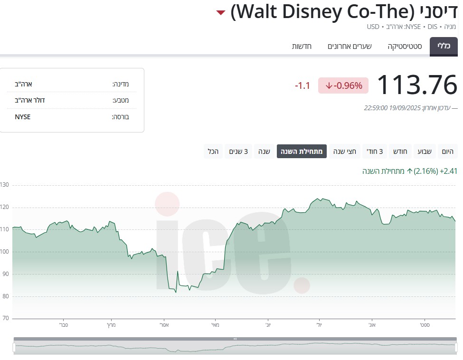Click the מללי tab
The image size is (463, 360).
click(x=444, y=47)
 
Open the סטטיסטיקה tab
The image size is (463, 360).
click(x=405, y=47)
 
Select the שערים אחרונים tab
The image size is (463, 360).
click(x=350, y=47)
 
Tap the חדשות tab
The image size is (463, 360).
click(x=302, y=47)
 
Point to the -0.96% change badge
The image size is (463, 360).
click(x=343, y=85)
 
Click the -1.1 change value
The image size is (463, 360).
click(x=302, y=86)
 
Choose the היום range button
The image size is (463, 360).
click(x=447, y=152)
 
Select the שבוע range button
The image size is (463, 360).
click(x=425, y=152)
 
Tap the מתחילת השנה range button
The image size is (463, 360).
click(x=302, y=152)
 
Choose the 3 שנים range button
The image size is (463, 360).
click(x=239, y=152)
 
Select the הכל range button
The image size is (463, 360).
click(x=213, y=152)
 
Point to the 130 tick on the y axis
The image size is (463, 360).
click(x=5, y=185)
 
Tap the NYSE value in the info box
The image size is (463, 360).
click(x=23, y=117)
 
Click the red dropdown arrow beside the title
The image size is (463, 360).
click(x=220, y=12)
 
